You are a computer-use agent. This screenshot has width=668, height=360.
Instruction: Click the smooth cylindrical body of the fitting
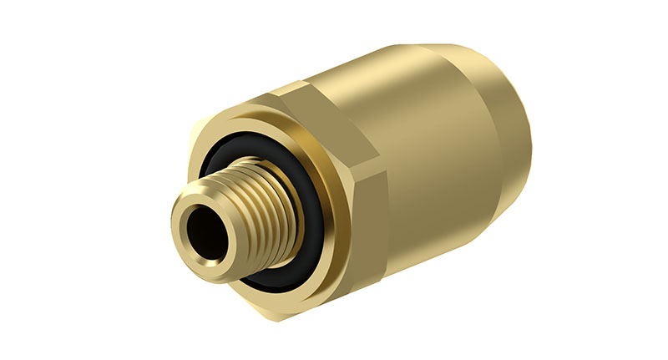click(x=451, y=167)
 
